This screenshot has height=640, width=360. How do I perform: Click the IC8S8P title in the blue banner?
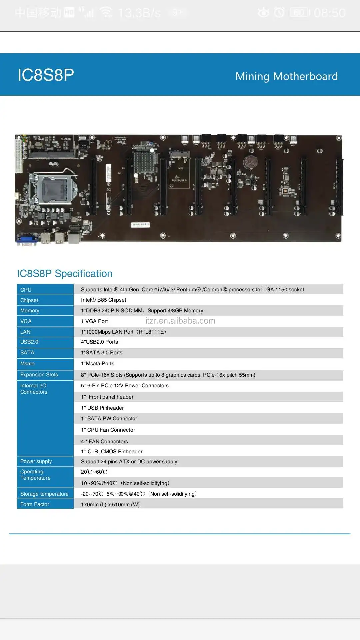(x=46, y=75)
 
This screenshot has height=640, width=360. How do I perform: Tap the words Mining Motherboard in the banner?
(x=286, y=76)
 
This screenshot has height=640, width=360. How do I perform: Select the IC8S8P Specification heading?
(x=65, y=274)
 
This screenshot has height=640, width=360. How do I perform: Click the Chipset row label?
(x=29, y=300)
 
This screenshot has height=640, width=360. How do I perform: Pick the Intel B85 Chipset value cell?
(x=103, y=300)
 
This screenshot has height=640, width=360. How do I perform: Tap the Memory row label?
(x=30, y=311)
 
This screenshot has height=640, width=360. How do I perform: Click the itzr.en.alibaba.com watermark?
(x=180, y=321)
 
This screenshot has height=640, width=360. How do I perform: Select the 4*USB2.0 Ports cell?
(x=99, y=342)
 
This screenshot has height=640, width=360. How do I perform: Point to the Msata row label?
(x=27, y=364)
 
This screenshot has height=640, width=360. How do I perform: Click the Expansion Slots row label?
(x=39, y=375)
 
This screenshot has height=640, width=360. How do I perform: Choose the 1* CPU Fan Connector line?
(x=108, y=430)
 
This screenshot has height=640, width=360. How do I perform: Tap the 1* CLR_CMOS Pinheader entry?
(x=112, y=452)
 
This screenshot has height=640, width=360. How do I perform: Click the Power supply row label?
(x=36, y=461)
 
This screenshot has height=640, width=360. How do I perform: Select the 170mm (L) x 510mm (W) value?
(x=110, y=505)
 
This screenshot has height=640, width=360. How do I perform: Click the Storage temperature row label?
(x=44, y=494)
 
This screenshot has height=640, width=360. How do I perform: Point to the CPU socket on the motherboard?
(x=53, y=187)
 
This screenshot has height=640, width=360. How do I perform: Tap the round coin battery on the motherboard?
(x=250, y=162)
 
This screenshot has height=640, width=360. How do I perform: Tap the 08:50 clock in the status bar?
(x=329, y=13)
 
